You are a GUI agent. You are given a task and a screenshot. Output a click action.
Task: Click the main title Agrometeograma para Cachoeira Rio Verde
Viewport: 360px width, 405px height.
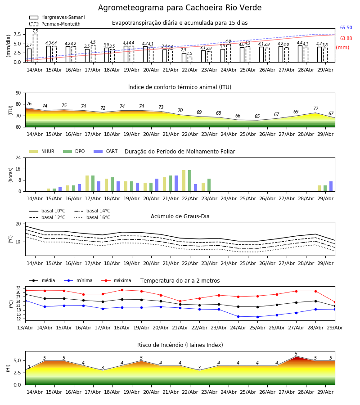180,8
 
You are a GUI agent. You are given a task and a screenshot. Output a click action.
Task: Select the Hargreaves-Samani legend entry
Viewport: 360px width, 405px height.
57,17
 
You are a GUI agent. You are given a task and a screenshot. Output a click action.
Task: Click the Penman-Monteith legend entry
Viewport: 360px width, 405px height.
55,24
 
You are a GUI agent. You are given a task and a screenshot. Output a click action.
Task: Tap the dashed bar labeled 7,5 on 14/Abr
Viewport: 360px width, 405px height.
35,48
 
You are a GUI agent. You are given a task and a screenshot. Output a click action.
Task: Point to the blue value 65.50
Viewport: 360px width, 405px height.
346,27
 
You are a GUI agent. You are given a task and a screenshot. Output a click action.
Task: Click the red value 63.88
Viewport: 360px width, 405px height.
346,39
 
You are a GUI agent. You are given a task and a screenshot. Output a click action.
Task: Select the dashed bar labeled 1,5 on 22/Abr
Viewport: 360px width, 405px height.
190,59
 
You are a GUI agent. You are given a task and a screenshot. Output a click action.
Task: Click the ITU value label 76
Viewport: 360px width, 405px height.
29,103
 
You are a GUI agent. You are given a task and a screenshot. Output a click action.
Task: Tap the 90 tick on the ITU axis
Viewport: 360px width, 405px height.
18,93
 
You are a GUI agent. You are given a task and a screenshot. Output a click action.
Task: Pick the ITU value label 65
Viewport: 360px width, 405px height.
257,116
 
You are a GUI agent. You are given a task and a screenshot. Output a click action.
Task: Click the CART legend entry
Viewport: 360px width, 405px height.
106,151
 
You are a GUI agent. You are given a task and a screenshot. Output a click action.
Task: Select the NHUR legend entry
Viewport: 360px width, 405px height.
42,151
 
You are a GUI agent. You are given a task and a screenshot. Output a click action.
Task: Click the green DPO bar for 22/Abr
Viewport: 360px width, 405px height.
190,181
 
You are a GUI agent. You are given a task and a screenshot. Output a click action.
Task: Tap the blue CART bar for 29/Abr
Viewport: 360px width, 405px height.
331,186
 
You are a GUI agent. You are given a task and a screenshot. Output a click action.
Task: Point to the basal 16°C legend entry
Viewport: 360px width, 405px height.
92,217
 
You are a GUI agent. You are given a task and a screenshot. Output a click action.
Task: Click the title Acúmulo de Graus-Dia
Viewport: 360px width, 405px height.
180,216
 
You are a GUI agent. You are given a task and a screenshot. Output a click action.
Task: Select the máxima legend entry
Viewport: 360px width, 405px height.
116,280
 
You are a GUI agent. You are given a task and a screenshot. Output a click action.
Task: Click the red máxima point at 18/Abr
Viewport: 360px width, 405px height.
122,290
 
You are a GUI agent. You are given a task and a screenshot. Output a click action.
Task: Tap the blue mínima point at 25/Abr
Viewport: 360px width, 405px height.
257,317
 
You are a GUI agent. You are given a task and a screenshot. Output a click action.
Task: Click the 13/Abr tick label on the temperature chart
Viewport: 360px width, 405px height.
25,328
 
